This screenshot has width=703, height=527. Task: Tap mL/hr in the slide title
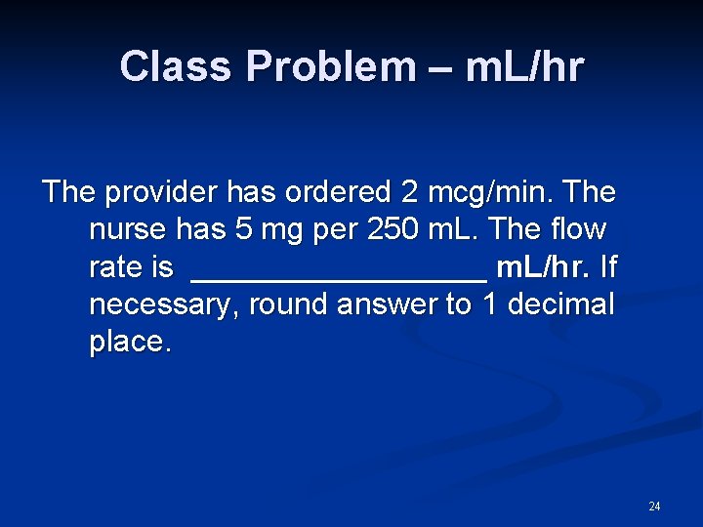pos(524,67)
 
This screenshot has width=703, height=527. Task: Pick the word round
pos(286,305)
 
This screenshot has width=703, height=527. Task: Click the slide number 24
pos(654,507)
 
